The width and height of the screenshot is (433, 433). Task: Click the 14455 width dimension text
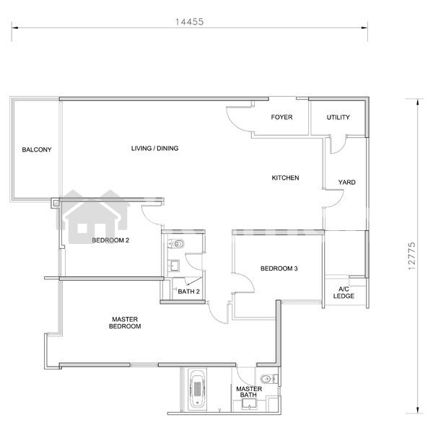coord(189,22)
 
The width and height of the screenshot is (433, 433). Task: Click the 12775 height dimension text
coord(411,256)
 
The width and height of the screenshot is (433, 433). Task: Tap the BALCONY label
coord(37,149)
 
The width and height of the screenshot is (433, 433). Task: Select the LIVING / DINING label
coord(154,148)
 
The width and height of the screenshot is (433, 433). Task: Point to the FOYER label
coord(281,117)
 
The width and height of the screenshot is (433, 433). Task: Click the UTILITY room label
coord(338,118)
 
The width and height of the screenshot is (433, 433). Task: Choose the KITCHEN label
coord(285,178)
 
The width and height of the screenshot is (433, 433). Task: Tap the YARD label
coord(347,183)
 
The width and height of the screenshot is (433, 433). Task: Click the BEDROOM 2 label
coord(110,240)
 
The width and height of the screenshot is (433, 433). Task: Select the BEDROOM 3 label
coord(279,268)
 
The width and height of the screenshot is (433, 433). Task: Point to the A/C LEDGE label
coord(344,293)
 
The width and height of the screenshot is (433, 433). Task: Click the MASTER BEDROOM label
coord(125,323)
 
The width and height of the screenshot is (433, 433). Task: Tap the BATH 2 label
coord(188,292)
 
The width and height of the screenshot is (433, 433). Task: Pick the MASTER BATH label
coord(249,392)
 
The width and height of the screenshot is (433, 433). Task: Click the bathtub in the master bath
coord(197,390)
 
